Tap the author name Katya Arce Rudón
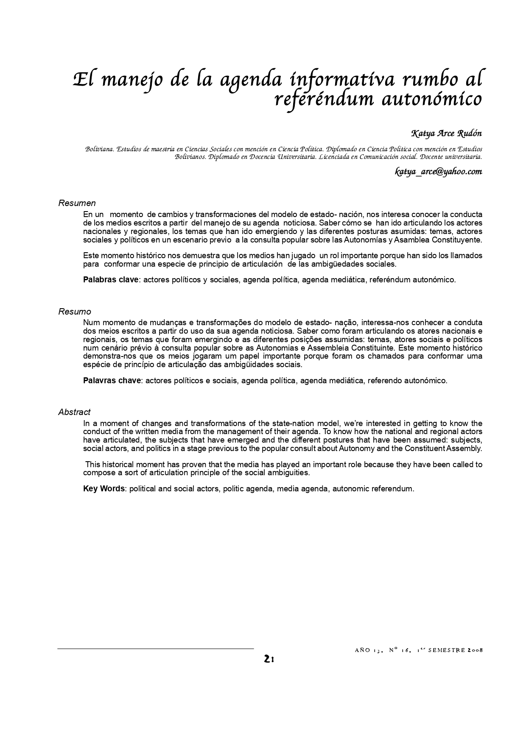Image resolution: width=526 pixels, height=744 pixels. point(447,134)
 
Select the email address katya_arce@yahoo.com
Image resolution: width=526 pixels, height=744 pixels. point(439,171)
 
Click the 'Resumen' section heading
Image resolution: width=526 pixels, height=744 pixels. point(77,203)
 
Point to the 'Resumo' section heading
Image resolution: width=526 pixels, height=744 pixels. point(75,312)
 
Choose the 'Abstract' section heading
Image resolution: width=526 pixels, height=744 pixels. point(74,412)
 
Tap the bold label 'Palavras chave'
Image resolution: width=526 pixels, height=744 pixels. point(112,380)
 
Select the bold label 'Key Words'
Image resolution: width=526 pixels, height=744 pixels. point(104,488)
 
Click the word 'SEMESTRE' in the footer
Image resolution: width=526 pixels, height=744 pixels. point(446,650)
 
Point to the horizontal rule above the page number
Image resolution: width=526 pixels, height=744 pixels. point(155,649)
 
